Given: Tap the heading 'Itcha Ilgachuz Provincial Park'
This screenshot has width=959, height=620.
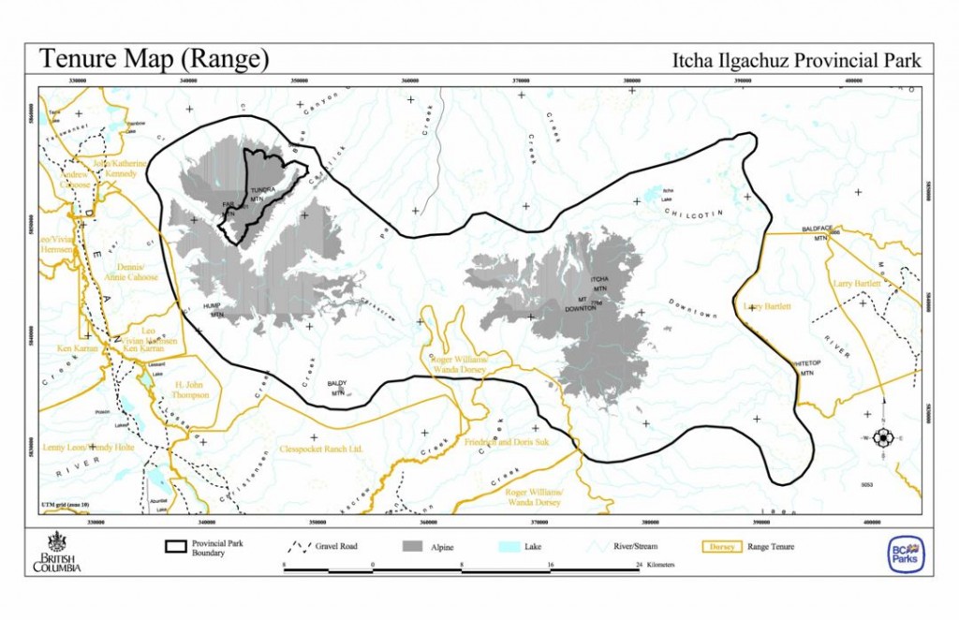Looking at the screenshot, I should click(x=797, y=61).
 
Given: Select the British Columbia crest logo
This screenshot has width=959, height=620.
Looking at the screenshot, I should click(x=57, y=552).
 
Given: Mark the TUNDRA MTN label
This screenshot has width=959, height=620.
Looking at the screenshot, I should click(x=260, y=194).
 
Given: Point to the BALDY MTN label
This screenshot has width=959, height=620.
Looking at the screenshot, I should click(x=337, y=388).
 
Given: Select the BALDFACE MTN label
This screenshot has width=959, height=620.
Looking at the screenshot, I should click(x=819, y=234).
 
